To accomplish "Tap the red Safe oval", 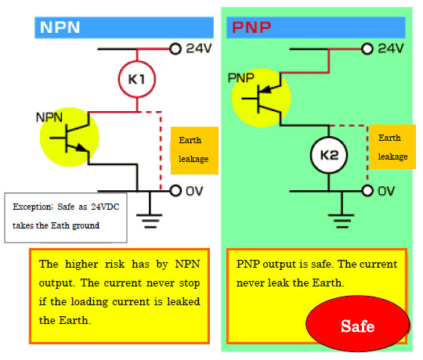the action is [358, 323].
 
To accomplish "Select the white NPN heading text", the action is [60, 27].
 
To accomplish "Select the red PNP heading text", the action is [251, 27].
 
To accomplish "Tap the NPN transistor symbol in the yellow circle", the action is [70, 138].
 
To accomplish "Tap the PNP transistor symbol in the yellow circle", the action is [262, 99].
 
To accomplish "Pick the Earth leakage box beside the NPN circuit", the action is [194, 150].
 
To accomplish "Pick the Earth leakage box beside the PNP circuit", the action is [392, 147].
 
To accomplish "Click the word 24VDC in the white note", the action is [105, 207].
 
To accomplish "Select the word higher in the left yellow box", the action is [81, 264].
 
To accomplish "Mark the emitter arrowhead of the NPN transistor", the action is [81, 148].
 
